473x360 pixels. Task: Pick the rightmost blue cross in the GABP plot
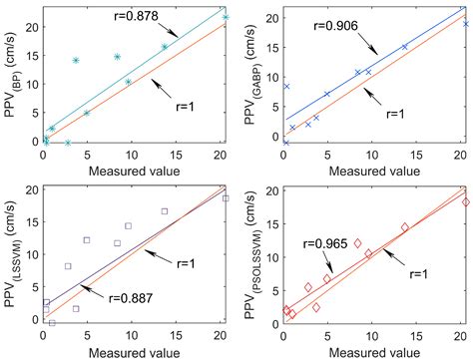[x=465, y=23]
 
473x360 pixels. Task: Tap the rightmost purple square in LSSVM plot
[x=226, y=198]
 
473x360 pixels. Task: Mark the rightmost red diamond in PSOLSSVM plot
[x=465, y=202]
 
